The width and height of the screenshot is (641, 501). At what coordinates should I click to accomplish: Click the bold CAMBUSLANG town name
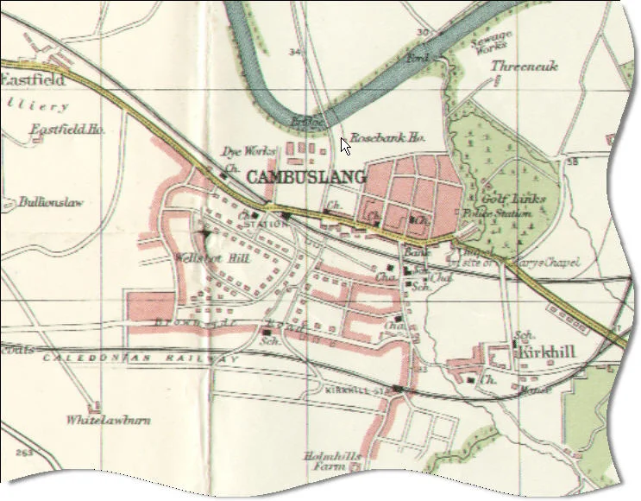click(306, 176)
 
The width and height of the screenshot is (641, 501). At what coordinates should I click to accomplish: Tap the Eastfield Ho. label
click(68, 130)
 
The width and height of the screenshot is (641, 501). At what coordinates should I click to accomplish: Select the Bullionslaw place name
click(53, 203)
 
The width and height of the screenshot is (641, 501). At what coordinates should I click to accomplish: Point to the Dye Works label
click(249, 151)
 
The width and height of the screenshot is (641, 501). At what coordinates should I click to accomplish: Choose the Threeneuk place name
click(525, 67)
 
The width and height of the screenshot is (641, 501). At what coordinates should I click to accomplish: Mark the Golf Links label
click(514, 199)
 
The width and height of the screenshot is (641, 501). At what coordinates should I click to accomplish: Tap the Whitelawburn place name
click(109, 421)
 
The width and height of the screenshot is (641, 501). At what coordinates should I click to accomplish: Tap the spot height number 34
click(297, 53)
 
